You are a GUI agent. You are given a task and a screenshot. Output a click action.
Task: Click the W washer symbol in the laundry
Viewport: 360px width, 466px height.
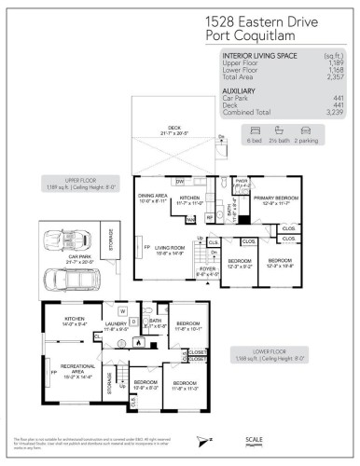click(121, 311)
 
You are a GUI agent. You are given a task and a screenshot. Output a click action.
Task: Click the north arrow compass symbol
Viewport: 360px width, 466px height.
click(204, 440)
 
